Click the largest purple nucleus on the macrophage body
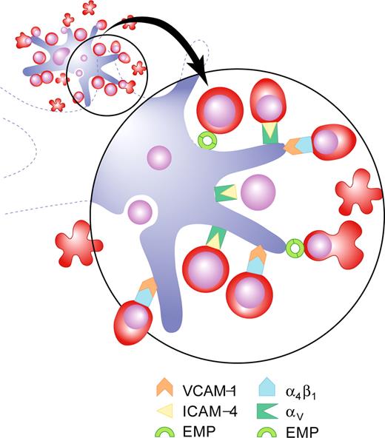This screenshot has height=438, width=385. click(x=257, y=193)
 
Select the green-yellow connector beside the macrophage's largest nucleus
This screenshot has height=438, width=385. click(x=224, y=194)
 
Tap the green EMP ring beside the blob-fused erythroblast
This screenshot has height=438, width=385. click(x=295, y=246)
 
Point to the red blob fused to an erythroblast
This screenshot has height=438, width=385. click(x=344, y=239)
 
